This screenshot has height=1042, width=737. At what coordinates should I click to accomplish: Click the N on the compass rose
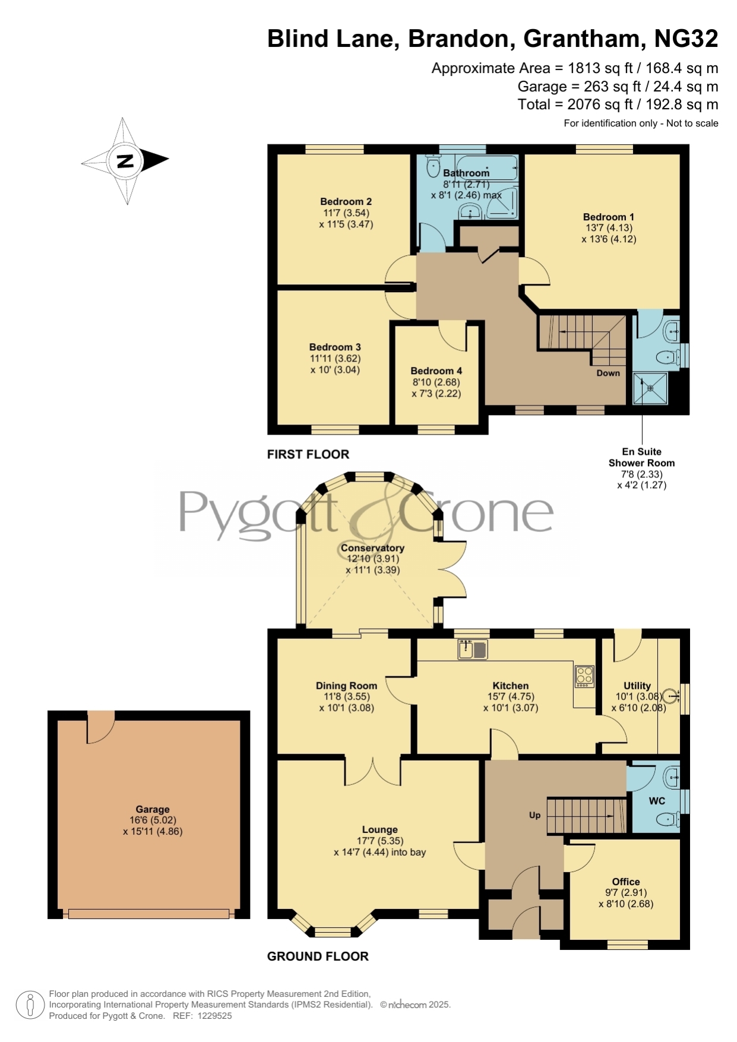click(125, 160)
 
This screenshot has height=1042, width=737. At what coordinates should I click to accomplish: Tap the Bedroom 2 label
click(346, 201)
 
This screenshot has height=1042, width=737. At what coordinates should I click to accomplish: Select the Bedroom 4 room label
click(436, 370)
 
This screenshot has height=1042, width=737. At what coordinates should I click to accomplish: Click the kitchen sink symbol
click(473, 649)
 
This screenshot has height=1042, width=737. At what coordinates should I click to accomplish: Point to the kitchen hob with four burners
click(584, 676)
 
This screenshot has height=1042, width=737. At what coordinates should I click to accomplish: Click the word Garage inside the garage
click(153, 809)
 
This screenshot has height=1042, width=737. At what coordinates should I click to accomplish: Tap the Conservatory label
click(372, 548)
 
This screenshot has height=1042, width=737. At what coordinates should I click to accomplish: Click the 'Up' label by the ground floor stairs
click(534, 815)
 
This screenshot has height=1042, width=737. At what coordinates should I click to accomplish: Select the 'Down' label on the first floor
click(608, 373)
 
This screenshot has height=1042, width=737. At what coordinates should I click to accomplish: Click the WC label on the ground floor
click(657, 801)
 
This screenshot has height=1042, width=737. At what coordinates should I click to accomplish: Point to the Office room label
click(626, 882)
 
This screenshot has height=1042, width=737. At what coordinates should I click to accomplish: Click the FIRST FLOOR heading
click(308, 454)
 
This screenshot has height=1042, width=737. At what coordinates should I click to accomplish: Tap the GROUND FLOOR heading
click(318, 956)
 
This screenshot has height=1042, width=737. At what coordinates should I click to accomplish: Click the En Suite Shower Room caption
click(641, 457)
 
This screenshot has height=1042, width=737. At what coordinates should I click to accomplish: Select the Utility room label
click(637, 686)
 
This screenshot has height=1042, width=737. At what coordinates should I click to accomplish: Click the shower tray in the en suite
click(650, 388)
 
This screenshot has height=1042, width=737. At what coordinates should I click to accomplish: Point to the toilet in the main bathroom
click(432, 166)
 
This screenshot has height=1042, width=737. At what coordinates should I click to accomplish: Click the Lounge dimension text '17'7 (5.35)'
click(380, 841)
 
